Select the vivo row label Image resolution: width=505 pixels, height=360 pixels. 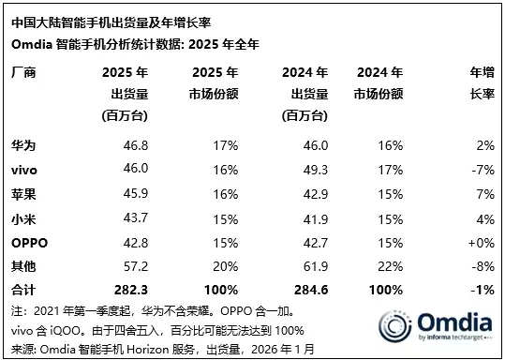pos(24,168)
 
